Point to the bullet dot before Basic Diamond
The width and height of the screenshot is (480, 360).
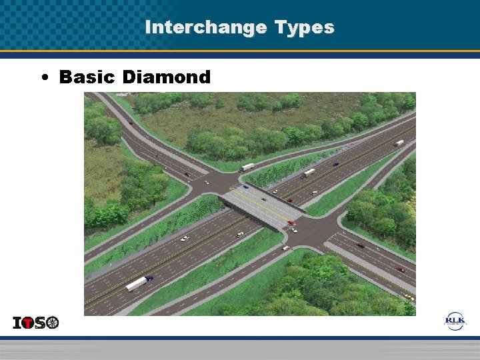43,78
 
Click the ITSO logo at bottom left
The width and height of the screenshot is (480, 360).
36,323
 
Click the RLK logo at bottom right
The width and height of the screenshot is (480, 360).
455,321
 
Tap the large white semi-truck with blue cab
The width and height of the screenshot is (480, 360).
138,283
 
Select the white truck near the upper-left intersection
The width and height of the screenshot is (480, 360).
247,167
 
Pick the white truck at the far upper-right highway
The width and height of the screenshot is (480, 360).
399,143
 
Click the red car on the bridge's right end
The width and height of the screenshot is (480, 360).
291,223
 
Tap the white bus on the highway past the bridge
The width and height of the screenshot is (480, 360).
309,172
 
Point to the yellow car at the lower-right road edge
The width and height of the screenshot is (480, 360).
408,296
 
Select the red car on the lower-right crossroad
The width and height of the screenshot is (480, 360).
401,270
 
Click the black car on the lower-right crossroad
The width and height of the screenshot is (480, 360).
360,245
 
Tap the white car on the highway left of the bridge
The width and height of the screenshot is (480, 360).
185,238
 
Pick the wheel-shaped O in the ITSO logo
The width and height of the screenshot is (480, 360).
52,323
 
